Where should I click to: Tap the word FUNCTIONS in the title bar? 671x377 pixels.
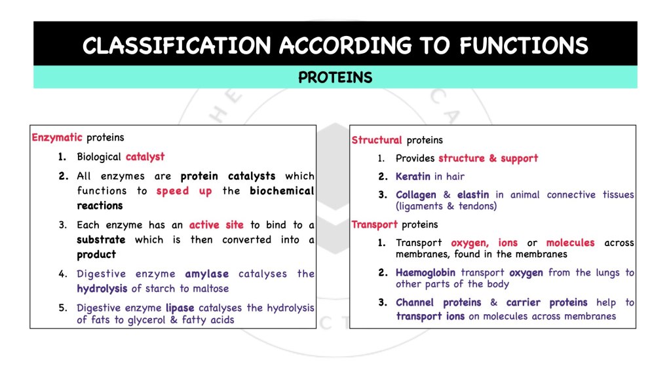click(524, 46)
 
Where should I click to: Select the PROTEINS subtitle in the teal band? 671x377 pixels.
click(335, 78)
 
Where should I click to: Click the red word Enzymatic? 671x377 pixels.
click(57, 137)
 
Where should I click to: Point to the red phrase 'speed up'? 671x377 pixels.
click(184, 191)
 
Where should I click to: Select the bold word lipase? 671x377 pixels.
click(180, 308)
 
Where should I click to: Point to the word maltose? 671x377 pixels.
click(210, 289)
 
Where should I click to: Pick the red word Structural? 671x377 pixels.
click(376, 140)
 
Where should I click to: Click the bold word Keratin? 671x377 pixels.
click(413, 177)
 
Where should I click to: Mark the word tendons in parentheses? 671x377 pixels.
click(476, 207)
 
